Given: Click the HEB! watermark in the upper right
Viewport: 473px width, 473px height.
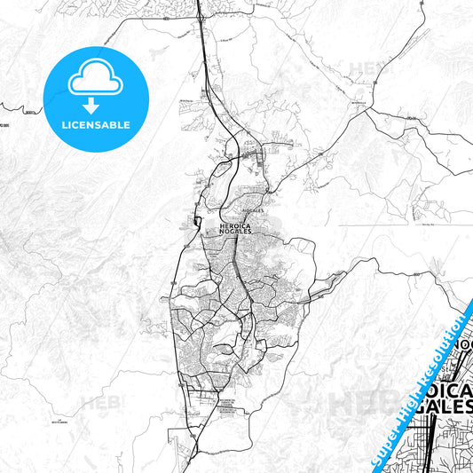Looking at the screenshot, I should pos(366,67).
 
